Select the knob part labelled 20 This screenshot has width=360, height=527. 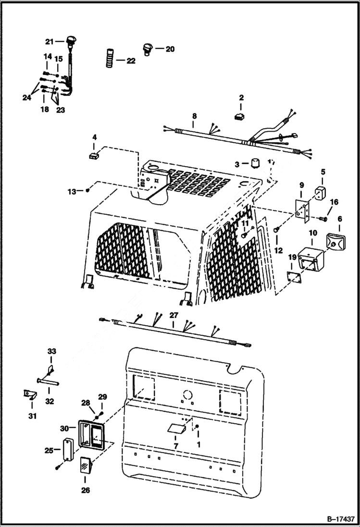(x=147, y=48)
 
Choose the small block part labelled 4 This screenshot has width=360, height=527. (x=94, y=155)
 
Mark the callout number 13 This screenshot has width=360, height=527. (x=72, y=191)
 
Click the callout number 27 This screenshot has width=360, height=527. (x=173, y=316)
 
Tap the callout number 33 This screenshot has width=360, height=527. (x=51, y=351)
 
